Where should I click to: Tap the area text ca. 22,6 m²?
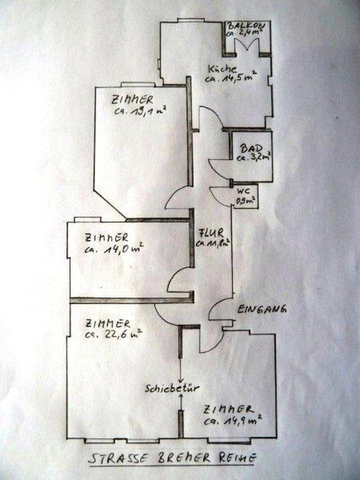pyautogui.click(x=114, y=332)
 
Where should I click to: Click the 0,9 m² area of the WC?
pyautogui.click(x=245, y=201)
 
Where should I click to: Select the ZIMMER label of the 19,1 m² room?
pyautogui.click(x=132, y=99)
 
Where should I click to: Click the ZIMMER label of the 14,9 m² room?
pyautogui.click(x=225, y=408)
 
